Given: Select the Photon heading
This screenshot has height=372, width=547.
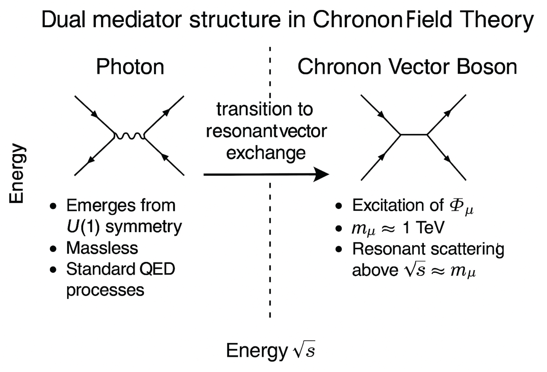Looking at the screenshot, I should click(130, 67).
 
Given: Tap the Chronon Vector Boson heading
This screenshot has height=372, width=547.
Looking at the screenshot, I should click(407, 67).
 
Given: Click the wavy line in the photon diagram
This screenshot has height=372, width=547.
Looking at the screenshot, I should click(129, 136).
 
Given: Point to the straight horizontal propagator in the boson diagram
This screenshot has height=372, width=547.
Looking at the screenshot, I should click(414, 135).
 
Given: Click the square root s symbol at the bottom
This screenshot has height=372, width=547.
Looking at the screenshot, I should click(304, 350).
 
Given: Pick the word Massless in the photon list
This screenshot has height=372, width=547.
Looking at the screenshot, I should click(102, 248).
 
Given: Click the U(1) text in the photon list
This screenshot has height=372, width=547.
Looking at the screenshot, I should click(83, 226).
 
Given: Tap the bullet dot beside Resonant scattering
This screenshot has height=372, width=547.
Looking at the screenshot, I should click(339, 249).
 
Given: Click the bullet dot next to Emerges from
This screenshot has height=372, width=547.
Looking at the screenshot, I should click(53, 206).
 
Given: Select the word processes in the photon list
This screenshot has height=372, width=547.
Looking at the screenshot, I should click(105, 290).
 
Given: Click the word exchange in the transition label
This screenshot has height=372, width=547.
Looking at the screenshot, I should click(266, 153).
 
